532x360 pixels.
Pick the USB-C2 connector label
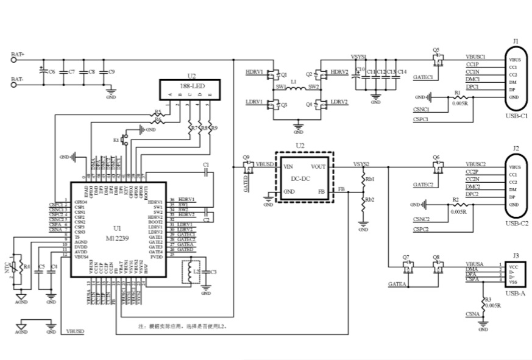(516, 224)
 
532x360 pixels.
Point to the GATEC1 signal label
(422, 78)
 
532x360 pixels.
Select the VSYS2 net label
(361, 164)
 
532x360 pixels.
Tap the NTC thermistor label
(9, 266)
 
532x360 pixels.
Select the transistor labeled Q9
(247, 165)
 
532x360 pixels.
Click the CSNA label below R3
(472, 314)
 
